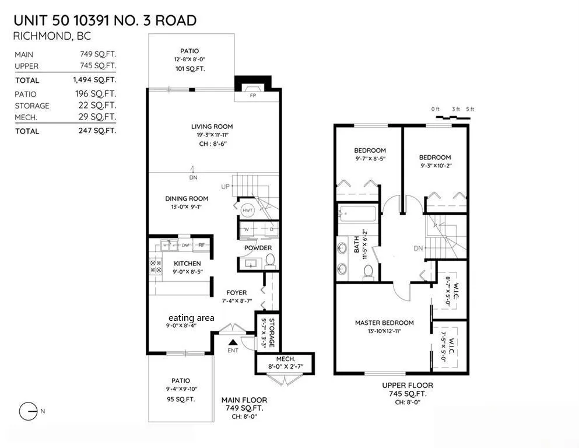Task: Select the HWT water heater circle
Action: [247, 209]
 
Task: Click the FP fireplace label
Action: [253, 95]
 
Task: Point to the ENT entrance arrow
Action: [233, 344]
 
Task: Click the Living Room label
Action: [212, 127]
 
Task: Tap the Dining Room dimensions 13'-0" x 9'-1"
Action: [187, 207]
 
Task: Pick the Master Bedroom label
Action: [384, 323]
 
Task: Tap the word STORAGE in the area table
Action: [32, 106]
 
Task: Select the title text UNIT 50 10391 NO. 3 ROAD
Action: [105, 21]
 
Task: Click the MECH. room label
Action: [285, 359]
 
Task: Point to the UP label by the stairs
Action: [225, 187]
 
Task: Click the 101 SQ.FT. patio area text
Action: [190, 69]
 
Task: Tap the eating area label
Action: [191, 317]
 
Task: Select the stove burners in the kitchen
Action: [156, 267]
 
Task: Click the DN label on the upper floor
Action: [418, 249]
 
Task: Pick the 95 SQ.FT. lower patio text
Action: [181, 400]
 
